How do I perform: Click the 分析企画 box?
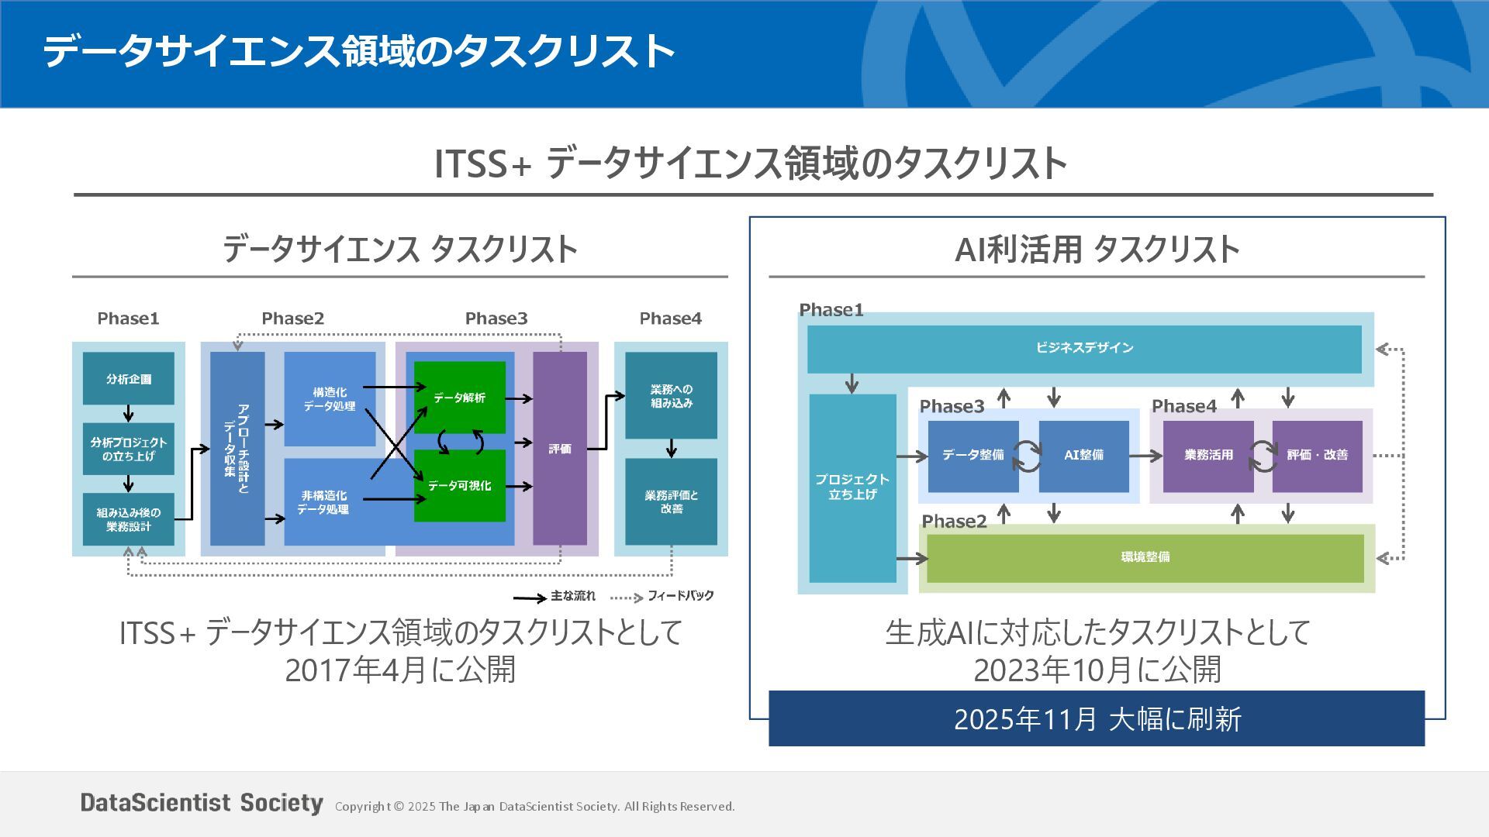pos(129,379)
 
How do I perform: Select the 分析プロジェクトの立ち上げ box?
pos(129,449)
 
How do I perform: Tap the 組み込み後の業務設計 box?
pos(129,519)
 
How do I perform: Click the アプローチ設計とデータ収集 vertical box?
pos(237,449)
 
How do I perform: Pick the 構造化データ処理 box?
pos(330,399)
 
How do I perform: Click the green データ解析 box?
pos(459,398)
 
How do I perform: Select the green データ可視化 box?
pos(459,486)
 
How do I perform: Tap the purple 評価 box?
pos(560,449)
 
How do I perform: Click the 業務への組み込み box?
pos(672,395)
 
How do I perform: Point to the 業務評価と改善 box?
pos(672,501)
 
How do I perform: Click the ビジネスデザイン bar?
pos(1084,348)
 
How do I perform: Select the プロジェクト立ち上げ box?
pos(852,487)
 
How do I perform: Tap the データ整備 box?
pos(973,456)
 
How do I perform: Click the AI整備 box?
pos(1083,456)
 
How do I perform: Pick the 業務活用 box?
pos(1208,456)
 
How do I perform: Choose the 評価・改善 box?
pos(1317,456)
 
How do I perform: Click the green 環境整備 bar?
pos(1145,557)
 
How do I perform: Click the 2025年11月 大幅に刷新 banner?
pos(1097,718)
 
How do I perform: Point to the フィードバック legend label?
pos(680,596)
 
